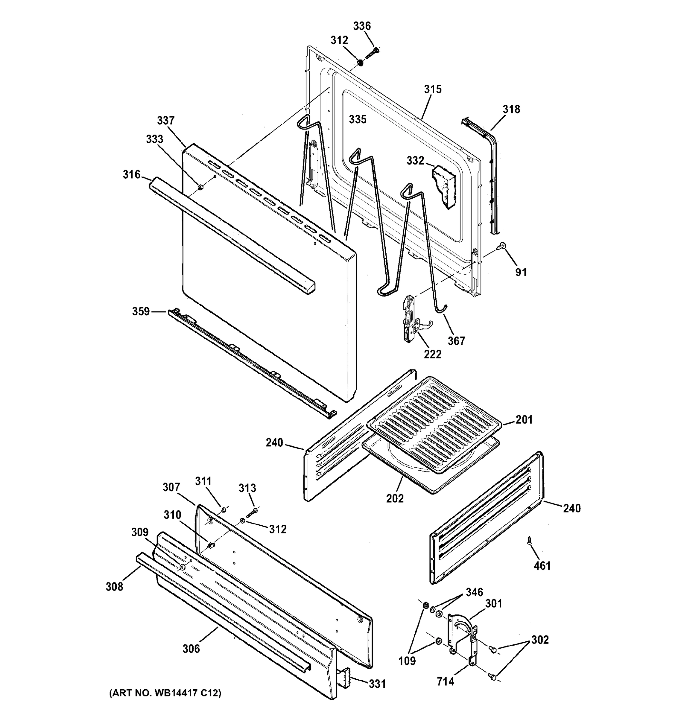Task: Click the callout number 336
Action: coord(361,26)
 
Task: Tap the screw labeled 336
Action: coord(371,54)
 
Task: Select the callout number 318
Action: coord(511,109)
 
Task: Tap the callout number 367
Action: coord(457,340)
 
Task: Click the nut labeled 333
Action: coord(200,187)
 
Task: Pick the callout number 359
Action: coord(141,311)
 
